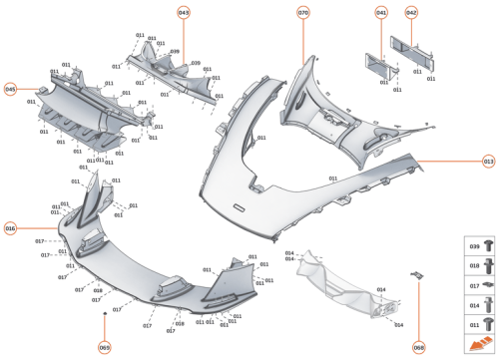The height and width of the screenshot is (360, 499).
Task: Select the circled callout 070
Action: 303,12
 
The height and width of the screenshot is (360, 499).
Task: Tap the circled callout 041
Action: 381,12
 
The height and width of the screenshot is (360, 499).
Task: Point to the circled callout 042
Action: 411,12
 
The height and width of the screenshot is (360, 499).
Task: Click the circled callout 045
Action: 11,89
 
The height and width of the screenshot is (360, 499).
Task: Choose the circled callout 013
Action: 488,160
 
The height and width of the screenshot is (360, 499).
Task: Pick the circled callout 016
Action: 11,228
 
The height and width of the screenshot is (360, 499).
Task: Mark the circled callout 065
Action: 104,346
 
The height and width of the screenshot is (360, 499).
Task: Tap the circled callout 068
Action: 419,346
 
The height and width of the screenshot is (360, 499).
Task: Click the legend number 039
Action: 474,244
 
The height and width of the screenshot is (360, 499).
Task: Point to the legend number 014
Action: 474,304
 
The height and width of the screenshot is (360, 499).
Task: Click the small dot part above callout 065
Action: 104,313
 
